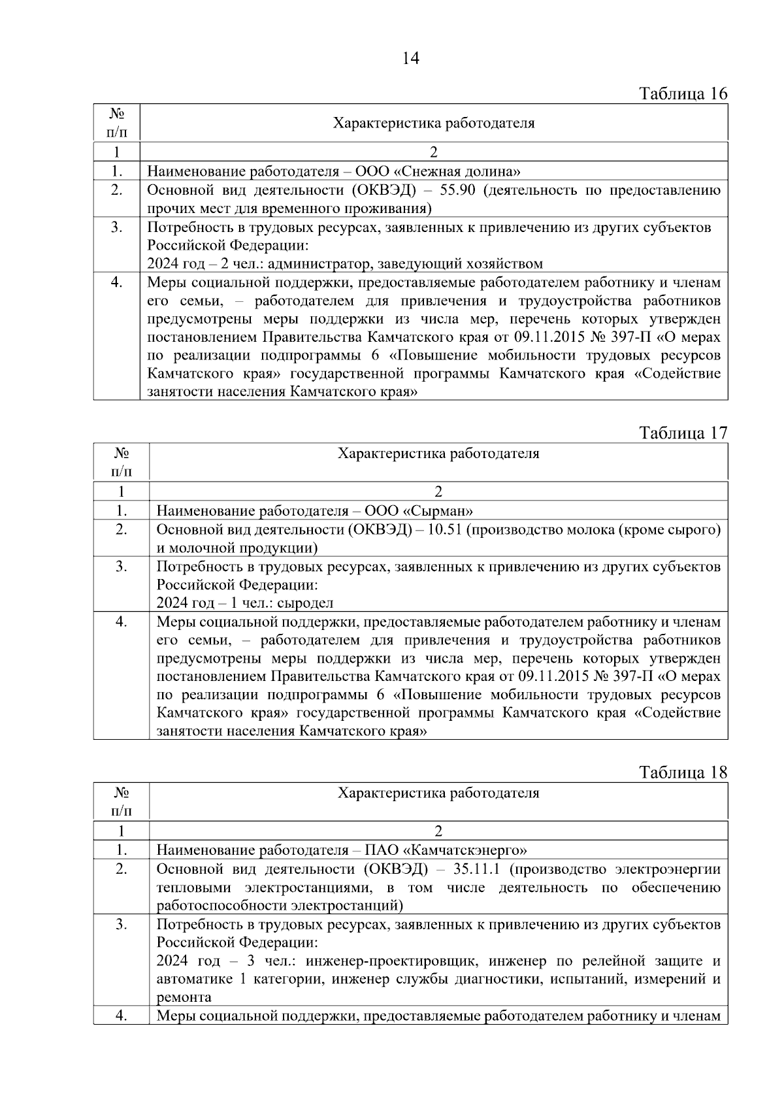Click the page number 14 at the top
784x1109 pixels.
[410, 58]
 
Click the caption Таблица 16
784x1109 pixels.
[683, 93]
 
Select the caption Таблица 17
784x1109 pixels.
[683, 433]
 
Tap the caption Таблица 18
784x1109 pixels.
[683, 772]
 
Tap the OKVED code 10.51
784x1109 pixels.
[444, 529]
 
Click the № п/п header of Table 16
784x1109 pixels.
[116, 122]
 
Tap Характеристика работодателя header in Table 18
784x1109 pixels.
[438, 793]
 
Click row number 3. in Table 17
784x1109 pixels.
[122, 567]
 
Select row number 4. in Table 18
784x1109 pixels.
[122, 1016]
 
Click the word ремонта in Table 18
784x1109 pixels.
[184, 997]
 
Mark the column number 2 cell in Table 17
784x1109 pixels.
[438, 491]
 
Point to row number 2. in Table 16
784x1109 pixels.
[116, 190]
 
